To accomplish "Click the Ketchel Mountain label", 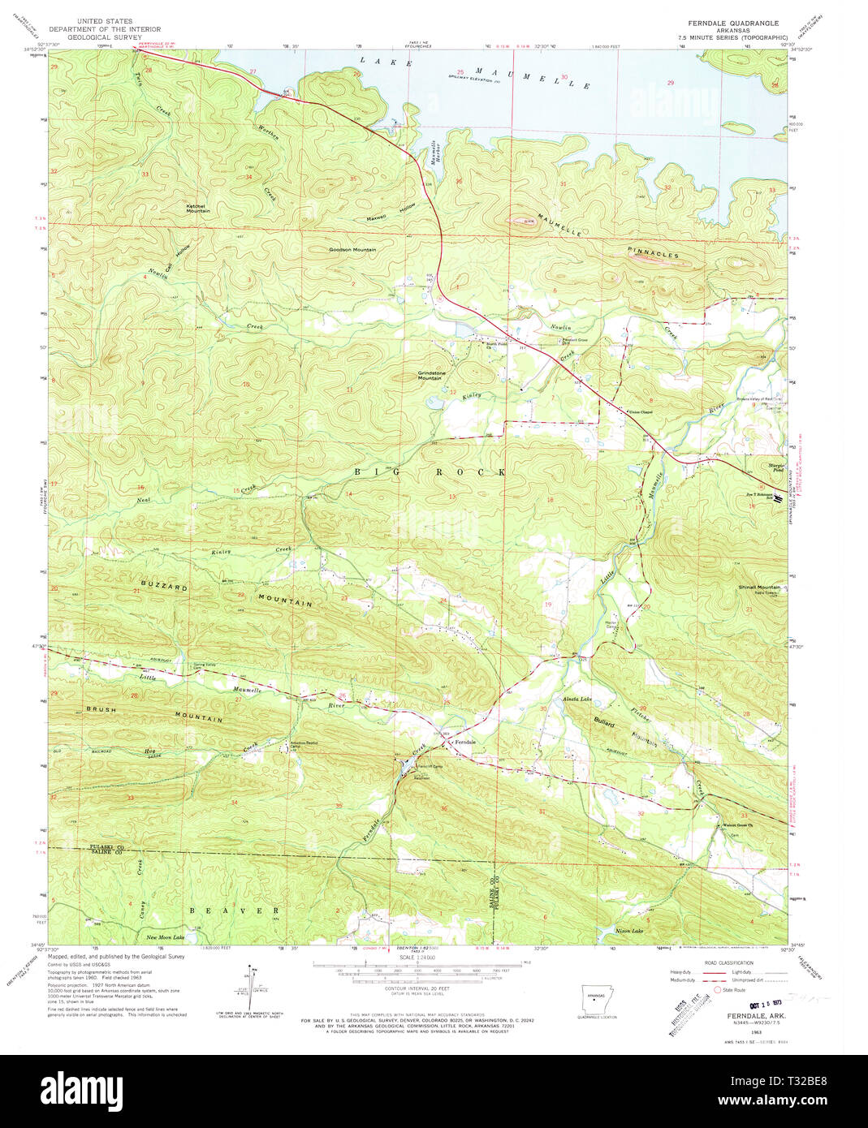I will pyautogui.click(x=198, y=209).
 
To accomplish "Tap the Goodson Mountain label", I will pyautogui.click(x=352, y=250).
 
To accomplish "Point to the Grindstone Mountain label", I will pyautogui.click(x=430, y=375).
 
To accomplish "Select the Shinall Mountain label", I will pyautogui.click(x=759, y=587).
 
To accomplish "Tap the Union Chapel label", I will pyautogui.click(x=641, y=412).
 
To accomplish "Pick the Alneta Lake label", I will pyautogui.click(x=577, y=699).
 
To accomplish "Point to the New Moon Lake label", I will pyautogui.click(x=165, y=937).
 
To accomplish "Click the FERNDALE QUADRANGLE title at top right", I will pyautogui.click(x=733, y=24).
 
